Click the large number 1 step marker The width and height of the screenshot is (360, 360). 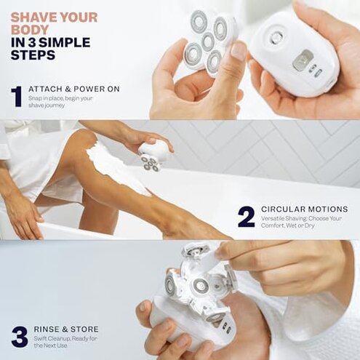[16, 97]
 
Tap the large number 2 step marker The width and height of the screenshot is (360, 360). [247, 217]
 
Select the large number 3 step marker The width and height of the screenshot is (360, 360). [19, 336]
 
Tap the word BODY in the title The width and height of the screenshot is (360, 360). [29, 30]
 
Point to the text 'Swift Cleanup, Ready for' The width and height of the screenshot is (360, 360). [65, 338]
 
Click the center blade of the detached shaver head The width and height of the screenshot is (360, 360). [208, 41]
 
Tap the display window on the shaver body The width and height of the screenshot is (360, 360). [303, 60]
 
